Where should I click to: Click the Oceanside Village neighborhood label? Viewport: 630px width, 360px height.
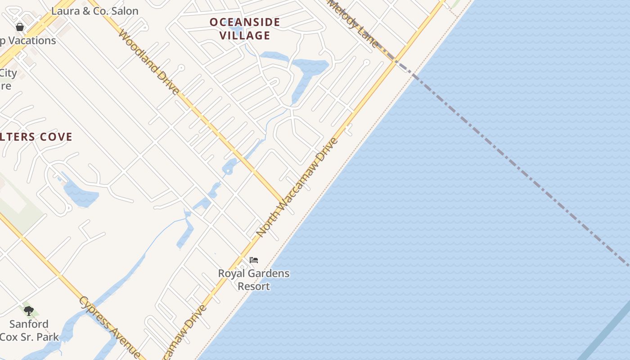coord(245,28)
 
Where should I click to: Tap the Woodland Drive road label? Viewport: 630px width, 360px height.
coord(148,62)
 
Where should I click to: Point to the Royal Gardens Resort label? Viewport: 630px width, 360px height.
coord(254,279)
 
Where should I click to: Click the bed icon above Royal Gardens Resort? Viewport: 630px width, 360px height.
coord(254,260)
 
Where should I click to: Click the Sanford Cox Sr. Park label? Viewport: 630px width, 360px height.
coord(29,330)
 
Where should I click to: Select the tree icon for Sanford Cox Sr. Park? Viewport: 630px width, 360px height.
coord(29,310)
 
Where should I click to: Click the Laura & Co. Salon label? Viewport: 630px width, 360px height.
coord(94,11)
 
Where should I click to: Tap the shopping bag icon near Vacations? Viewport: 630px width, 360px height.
coord(20,27)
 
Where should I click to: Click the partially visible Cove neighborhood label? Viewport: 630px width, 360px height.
coord(36,137)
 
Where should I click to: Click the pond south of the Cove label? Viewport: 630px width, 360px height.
coord(81,194)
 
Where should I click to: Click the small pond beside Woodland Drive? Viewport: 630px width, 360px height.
coord(229,166)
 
